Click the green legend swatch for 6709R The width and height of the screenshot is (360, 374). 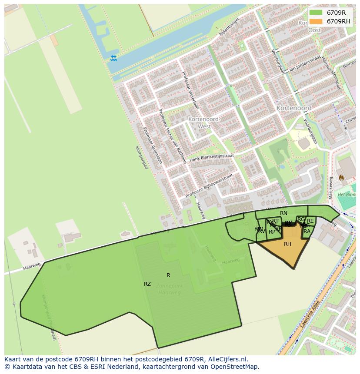[x=316, y=13]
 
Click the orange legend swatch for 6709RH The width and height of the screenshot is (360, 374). [x=316, y=21]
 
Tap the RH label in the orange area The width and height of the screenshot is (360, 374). [x=287, y=244]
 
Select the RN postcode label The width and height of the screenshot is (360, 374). [x=283, y=213]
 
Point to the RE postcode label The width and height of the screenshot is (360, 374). [x=310, y=221]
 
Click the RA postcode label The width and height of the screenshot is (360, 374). [x=307, y=232]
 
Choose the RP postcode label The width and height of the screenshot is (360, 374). [x=272, y=232]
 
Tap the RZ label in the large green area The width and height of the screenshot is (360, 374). [x=147, y=284]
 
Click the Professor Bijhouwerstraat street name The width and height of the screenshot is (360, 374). [x=209, y=186]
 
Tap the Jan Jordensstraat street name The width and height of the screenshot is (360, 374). [x=304, y=63]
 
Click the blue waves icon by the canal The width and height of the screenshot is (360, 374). [x=113, y=58]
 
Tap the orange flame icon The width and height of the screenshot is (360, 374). [x=341, y=178]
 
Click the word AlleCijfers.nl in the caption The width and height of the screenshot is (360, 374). [x=227, y=359]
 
